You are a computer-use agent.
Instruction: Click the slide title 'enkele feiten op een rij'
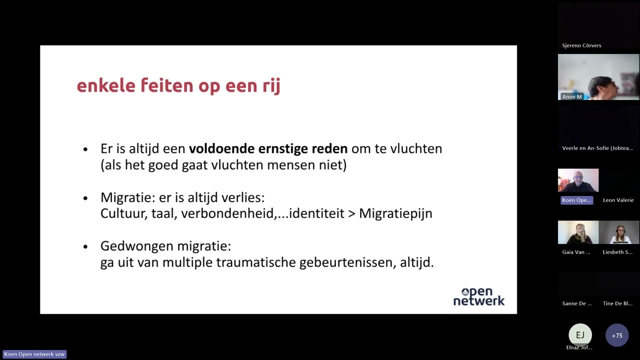(178, 85)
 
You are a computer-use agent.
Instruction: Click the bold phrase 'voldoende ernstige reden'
(268, 148)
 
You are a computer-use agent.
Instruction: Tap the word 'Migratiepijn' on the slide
(395, 213)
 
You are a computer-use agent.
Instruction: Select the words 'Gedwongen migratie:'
(165, 246)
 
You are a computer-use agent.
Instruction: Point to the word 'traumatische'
(256, 262)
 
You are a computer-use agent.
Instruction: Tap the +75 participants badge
(617, 335)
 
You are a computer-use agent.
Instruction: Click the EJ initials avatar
(580, 335)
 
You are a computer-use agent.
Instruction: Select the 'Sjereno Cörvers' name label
(581, 45)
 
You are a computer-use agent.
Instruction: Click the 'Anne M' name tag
(571, 96)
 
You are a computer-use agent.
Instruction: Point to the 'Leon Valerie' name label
(618, 200)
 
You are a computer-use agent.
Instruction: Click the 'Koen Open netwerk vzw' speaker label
(34, 354)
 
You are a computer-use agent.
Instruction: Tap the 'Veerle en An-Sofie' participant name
(597, 148)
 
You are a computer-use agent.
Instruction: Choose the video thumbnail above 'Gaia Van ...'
(578, 232)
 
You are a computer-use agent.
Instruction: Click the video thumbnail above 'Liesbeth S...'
(619, 232)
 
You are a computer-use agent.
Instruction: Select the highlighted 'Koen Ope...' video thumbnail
(578, 180)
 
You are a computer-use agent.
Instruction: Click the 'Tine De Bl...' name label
(617, 303)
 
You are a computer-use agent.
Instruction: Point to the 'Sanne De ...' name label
(576, 303)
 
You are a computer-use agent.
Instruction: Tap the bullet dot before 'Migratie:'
(85, 198)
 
